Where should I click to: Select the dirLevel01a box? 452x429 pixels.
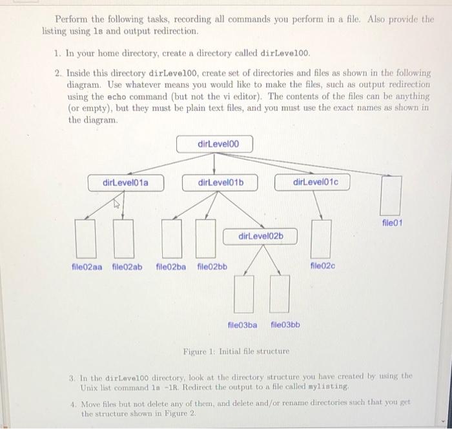(125, 183)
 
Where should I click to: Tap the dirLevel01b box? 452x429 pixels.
(221, 183)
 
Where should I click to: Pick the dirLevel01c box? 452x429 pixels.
(316, 183)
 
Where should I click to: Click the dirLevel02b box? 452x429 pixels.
(261, 237)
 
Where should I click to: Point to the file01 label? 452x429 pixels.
(392, 223)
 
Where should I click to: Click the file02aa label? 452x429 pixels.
(87, 266)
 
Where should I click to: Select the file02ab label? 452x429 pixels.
(127, 266)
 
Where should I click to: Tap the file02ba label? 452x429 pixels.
(171, 266)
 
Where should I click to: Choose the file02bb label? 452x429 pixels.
(212, 266)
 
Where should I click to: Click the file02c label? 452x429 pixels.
(323, 265)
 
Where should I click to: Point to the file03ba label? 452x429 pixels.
(243, 324)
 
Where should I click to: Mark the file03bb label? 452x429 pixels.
(285, 324)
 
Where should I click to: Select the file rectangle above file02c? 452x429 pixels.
(322, 238)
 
